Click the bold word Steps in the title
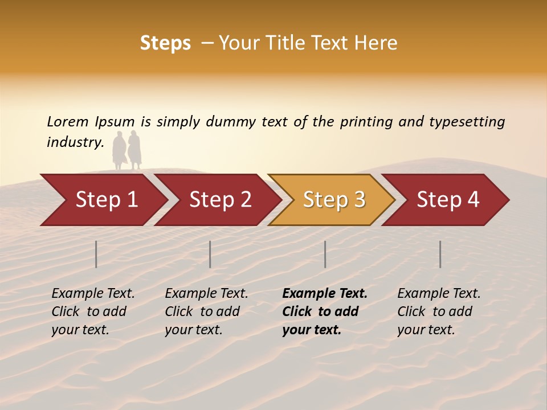(165, 43)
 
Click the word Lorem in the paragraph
(68, 121)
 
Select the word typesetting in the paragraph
(467, 122)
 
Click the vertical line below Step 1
(96, 254)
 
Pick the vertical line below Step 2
(210, 254)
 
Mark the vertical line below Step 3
(325, 254)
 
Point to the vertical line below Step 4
(440, 254)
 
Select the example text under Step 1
(93, 311)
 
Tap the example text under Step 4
(439, 311)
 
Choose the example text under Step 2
(206, 311)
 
